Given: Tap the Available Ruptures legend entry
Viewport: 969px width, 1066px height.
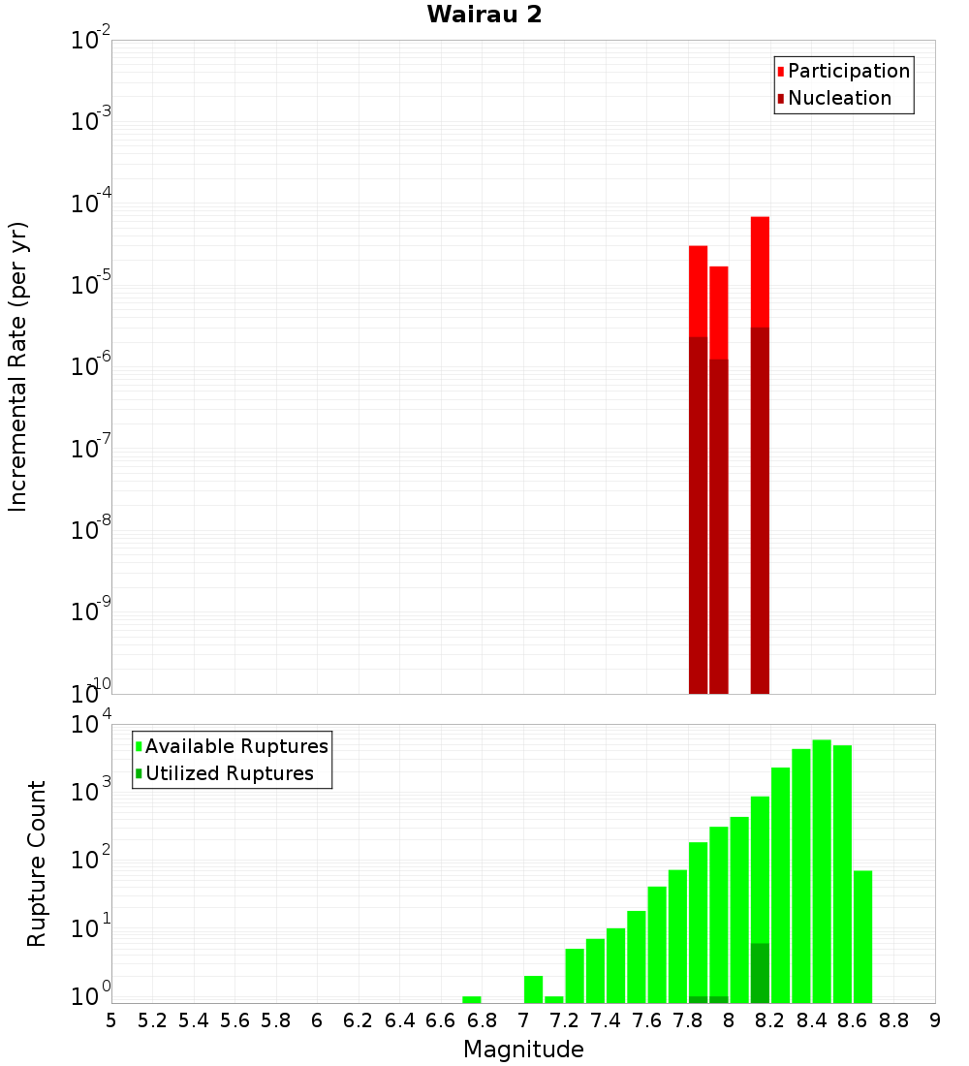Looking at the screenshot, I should point(236,746).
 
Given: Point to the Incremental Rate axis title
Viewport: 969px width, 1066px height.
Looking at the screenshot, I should point(18,366).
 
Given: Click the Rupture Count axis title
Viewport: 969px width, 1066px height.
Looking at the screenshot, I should point(37,863).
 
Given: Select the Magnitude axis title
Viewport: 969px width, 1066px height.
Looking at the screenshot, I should point(523,1050).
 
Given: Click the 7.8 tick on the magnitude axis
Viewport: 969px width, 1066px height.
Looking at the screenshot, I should point(688,1020).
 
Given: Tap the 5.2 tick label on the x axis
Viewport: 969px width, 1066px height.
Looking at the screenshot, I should point(152,1020).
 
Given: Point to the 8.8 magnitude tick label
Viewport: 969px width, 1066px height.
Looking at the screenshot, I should point(893,1020).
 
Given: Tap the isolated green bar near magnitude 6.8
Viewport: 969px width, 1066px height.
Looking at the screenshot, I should point(472,999).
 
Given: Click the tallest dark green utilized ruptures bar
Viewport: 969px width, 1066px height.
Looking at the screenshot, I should point(760,973).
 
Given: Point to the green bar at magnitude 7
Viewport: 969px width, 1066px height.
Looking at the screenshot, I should point(533,989).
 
